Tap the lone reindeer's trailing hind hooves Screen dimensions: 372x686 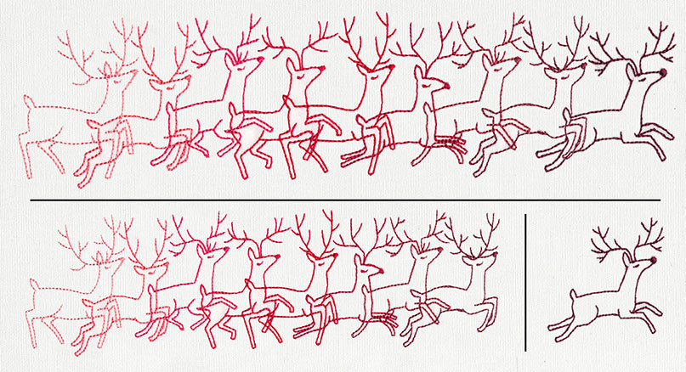point(553,327)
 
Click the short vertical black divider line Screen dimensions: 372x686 point(526,280)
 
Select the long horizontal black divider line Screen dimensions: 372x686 point(340,200)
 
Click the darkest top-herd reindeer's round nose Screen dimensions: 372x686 point(661,75)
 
